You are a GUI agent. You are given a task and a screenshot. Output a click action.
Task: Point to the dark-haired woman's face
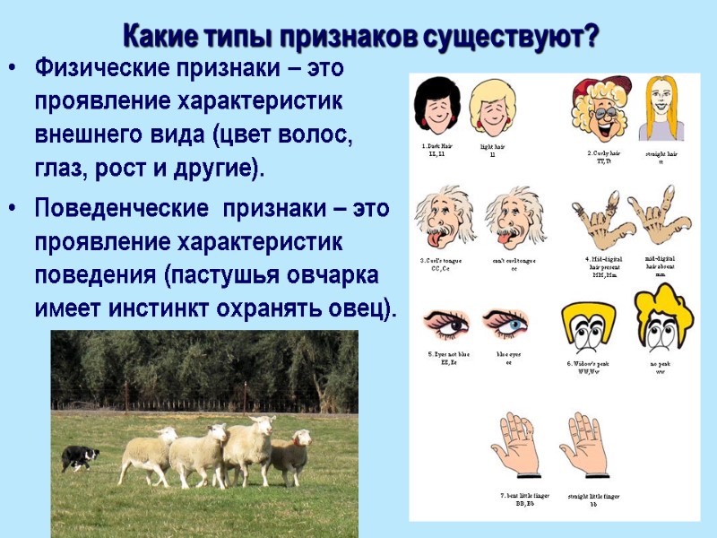(436, 107)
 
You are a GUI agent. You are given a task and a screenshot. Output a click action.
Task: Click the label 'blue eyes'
(508, 358)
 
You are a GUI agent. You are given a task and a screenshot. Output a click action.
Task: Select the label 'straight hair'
(661, 157)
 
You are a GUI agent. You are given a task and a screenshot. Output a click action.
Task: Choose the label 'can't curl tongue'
(514, 262)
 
